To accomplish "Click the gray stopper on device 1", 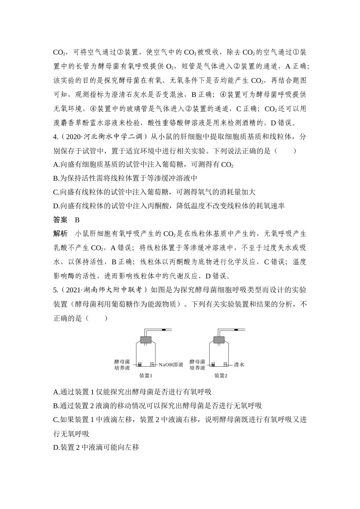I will (x=146, y=340).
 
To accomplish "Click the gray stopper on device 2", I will (x=221, y=340).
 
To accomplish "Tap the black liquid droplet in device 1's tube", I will (x=164, y=330).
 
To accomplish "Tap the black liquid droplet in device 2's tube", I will (x=236, y=330).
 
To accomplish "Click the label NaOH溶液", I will (x=171, y=365).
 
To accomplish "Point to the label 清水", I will (x=239, y=365).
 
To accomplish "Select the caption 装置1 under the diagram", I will (x=146, y=376).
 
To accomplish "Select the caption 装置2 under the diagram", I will (x=221, y=376).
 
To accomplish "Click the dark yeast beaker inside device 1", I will (x=139, y=364).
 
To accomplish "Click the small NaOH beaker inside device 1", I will (x=152, y=364).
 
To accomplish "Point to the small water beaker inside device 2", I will (x=226, y=364).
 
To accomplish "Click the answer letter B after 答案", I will (x=77, y=220).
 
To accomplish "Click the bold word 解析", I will (x=61, y=233).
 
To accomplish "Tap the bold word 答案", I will (x=61, y=220).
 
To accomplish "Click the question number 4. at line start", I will (x=56, y=137).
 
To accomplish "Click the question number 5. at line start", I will (x=56, y=290).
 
